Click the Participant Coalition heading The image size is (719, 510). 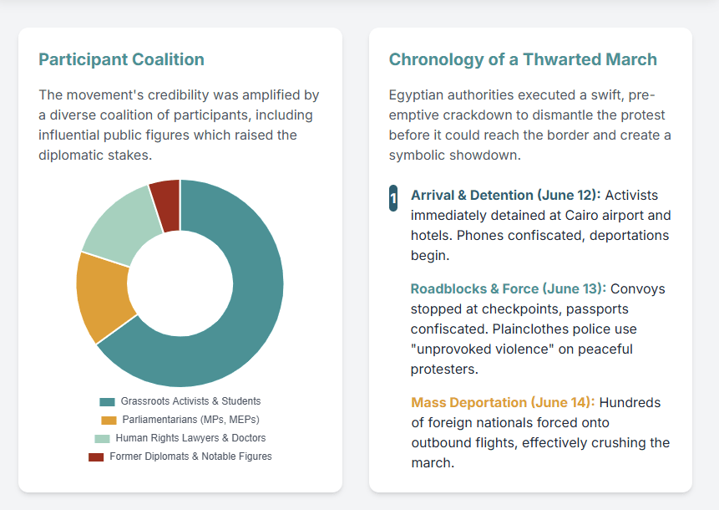[121, 59]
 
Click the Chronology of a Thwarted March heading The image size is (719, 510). [523, 59]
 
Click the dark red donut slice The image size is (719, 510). [166, 194]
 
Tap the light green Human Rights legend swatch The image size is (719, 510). [102, 438]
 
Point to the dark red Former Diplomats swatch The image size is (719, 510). [96, 456]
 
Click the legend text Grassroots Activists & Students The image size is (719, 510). [190, 401]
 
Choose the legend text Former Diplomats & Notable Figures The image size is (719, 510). [190, 456]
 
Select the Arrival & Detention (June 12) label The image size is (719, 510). [505, 195]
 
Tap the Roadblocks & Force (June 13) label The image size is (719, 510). [508, 288]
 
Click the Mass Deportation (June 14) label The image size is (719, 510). [503, 402]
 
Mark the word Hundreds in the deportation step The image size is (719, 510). [627, 402]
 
